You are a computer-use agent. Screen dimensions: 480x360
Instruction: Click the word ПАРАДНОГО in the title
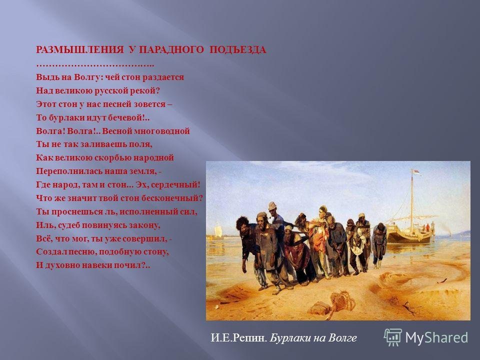171,49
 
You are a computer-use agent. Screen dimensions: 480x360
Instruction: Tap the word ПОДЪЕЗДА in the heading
238,49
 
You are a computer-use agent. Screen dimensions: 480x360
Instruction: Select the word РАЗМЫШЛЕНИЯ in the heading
79,49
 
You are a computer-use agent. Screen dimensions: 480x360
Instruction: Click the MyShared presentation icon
393,337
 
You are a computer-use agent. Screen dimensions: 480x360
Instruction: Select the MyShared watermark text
436,337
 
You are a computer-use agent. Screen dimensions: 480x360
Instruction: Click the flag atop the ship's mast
416,172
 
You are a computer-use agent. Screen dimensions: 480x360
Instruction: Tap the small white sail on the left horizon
217,230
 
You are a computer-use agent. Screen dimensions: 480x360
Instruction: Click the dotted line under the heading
95,65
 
